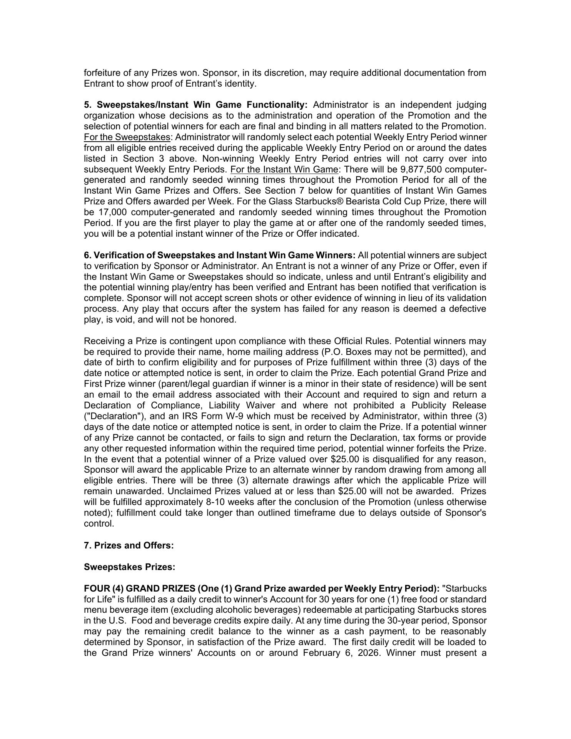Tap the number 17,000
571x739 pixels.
coord(114,212)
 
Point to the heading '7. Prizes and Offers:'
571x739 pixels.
coord(129,546)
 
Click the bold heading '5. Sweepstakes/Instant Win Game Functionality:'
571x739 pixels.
coord(196,105)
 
